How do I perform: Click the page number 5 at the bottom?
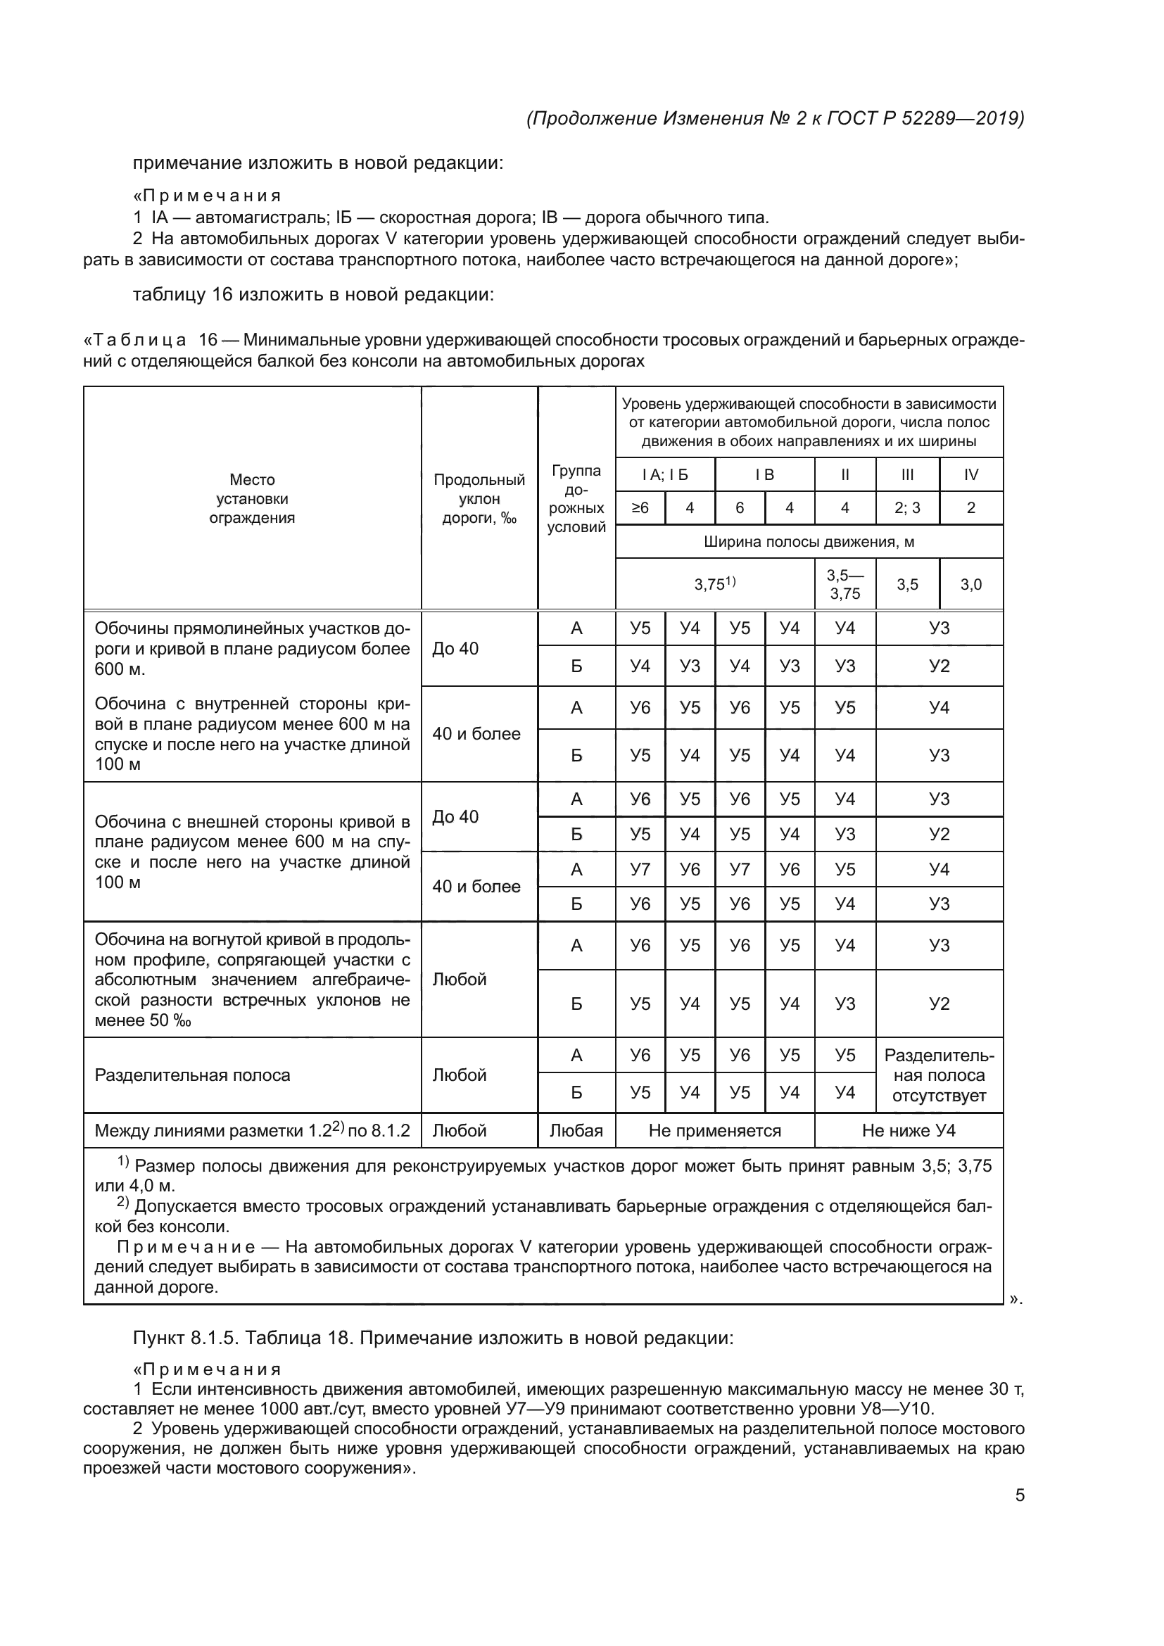click(1019, 1495)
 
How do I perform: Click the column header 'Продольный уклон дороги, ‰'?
click(479, 499)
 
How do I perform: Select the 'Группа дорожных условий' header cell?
click(576, 499)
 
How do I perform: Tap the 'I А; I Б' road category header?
click(664, 474)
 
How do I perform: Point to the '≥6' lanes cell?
click(640, 507)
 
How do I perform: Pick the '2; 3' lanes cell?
click(906, 507)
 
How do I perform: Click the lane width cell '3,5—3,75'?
click(845, 584)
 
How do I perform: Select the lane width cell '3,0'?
click(970, 584)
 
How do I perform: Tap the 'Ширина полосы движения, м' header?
click(809, 542)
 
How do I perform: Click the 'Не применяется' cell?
click(714, 1131)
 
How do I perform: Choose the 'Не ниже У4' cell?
click(908, 1131)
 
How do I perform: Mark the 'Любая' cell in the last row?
click(576, 1131)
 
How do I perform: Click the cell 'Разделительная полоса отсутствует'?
click(939, 1075)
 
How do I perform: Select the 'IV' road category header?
click(970, 474)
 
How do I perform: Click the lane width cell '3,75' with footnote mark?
click(714, 584)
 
